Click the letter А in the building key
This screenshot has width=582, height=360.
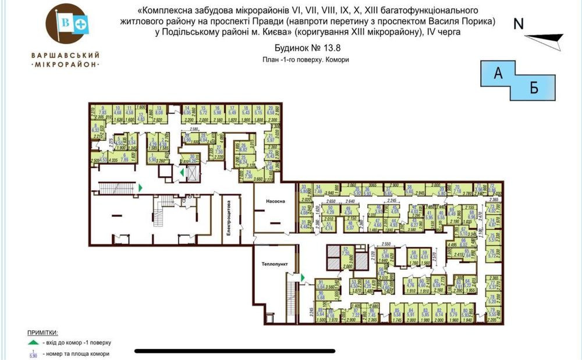coord(498,73)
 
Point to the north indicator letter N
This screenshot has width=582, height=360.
coord(519,24)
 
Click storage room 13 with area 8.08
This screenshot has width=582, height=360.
coord(151,111)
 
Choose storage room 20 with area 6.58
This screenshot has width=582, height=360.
coord(273,111)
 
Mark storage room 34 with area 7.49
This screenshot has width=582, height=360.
coord(318,188)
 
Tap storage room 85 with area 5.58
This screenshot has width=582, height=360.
coord(397,313)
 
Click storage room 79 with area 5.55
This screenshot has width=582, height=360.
coord(492,312)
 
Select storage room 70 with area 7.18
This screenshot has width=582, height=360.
coord(457,188)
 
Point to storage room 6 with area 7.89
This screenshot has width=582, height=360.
coord(124,155)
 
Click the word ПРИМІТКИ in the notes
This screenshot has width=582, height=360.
coord(42,333)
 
